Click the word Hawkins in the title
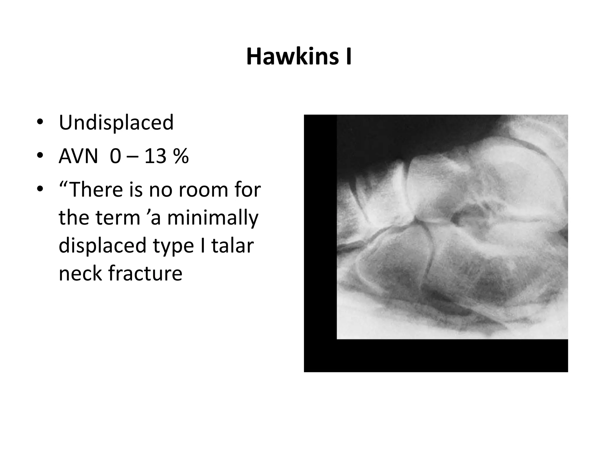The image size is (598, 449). tap(292, 57)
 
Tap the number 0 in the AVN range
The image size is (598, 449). tap(115, 156)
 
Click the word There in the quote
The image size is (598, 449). tap(97, 189)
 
